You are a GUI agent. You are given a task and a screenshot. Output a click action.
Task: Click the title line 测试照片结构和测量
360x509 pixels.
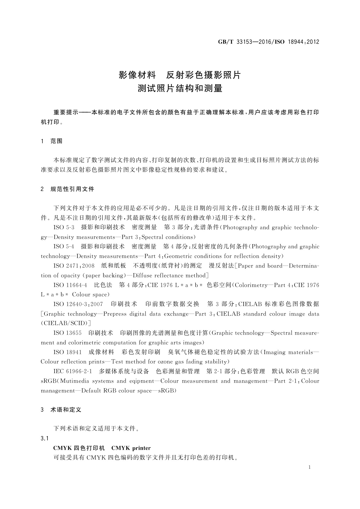[180, 89]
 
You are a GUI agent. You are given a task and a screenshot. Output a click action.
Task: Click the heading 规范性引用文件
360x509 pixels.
[72, 189]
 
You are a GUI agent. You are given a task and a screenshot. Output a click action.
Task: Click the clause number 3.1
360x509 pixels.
[44, 438]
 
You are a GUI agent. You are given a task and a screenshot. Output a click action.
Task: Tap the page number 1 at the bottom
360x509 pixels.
[310, 467]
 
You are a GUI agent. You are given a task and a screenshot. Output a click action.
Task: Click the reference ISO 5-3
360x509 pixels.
[64, 227]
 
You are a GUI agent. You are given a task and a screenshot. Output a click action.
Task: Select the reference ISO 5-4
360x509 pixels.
[64, 247]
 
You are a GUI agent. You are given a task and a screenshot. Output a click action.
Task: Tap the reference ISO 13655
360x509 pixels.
[67, 333]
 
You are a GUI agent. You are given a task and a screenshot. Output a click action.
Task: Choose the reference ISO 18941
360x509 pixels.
[67, 352]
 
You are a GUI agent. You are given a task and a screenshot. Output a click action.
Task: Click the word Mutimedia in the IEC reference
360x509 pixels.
[75, 381]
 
